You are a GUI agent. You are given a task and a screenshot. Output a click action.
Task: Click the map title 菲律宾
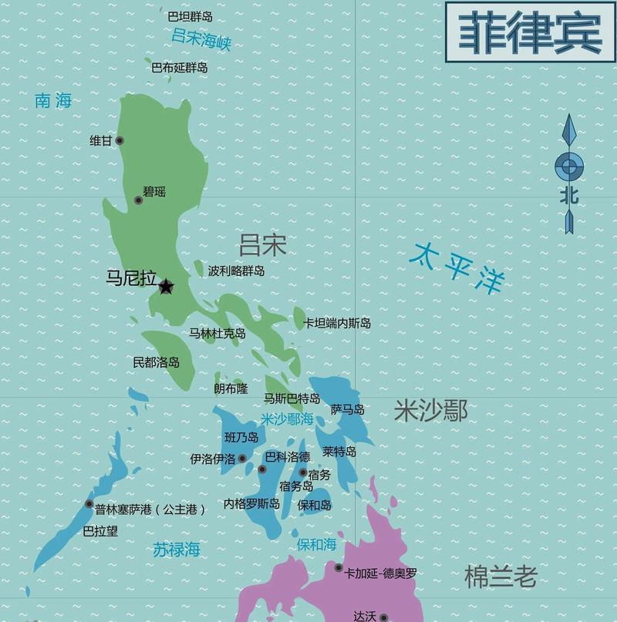[x=531, y=33]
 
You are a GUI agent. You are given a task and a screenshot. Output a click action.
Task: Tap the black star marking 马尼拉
[x=166, y=287]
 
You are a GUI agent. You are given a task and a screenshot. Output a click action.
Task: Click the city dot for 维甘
[x=119, y=141]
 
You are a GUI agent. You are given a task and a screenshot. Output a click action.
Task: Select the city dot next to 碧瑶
[x=139, y=200]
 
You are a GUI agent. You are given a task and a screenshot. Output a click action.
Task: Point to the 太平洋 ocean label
[x=457, y=268]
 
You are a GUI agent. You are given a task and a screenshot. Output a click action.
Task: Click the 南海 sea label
[x=53, y=100]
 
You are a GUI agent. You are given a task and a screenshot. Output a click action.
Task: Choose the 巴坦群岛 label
[x=190, y=15]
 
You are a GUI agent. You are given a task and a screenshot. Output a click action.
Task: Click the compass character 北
[x=569, y=196]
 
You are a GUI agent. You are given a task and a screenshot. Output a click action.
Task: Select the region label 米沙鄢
[x=430, y=411]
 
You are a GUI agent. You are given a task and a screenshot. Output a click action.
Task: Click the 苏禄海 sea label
[x=176, y=550]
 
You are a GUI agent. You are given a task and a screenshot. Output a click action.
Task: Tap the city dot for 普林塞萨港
[x=89, y=504]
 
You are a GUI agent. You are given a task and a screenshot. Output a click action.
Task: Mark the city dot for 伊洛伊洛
[x=242, y=459]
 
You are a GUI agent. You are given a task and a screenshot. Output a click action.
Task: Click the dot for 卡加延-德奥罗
[x=338, y=568]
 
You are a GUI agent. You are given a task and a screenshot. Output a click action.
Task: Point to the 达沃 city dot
[x=383, y=617]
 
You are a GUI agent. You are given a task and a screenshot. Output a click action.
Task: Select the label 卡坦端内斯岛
[x=337, y=324]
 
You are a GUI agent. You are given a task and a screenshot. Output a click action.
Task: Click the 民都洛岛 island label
[x=157, y=361]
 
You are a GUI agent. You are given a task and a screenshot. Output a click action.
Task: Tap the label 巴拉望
[x=100, y=530]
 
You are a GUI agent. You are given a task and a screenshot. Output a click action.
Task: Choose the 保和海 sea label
[x=317, y=545]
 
